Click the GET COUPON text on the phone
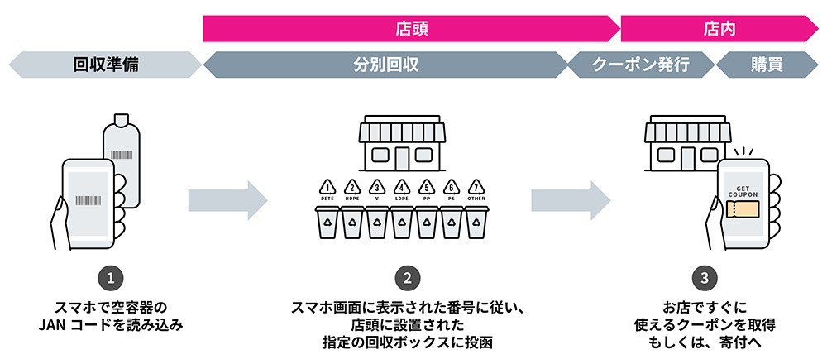[x=743, y=184]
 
